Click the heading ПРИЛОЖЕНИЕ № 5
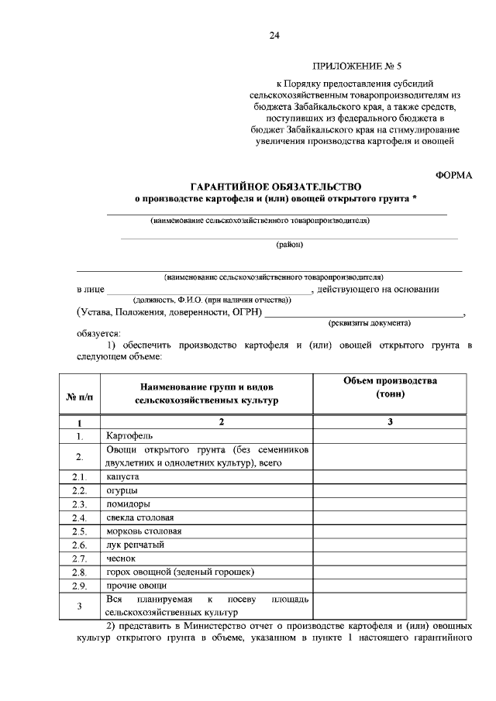click(x=351, y=68)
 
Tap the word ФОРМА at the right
click(x=453, y=175)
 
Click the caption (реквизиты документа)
click(x=370, y=322)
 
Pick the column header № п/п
click(x=79, y=397)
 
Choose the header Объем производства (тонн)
click(x=390, y=387)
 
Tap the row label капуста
click(x=122, y=477)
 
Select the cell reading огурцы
click(x=122, y=491)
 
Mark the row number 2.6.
click(x=79, y=545)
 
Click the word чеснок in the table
click(x=120, y=558)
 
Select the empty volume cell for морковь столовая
click(x=390, y=531)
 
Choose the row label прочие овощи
click(x=133, y=585)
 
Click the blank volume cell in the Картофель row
click(x=390, y=435)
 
